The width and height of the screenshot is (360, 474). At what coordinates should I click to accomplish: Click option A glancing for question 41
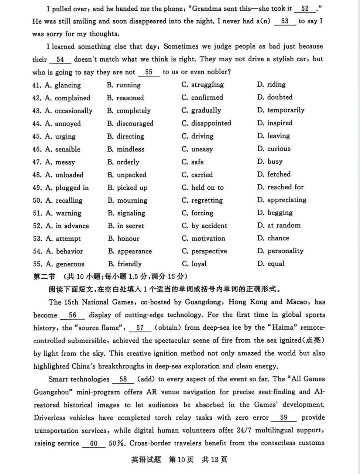click(x=62, y=85)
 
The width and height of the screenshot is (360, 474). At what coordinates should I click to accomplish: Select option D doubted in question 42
click(x=275, y=97)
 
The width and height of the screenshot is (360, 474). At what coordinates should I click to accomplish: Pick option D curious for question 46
click(x=274, y=149)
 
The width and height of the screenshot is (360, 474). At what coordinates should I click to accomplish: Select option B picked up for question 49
click(x=127, y=188)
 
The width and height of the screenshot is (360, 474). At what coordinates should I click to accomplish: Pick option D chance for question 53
click(x=273, y=238)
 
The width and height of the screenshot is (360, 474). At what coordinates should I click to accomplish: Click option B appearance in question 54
click(x=130, y=251)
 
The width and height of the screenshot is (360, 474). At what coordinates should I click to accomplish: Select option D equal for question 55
click(x=271, y=264)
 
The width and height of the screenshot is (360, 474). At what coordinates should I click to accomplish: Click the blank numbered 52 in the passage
click(x=305, y=9)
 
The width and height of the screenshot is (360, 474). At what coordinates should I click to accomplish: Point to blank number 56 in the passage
click(x=72, y=315)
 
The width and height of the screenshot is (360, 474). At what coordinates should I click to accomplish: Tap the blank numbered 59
click(x=284, y=418)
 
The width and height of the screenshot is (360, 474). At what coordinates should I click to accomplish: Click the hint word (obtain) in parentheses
click(x=168, y=328)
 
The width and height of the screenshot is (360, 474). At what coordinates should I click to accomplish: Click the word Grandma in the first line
click(x=208, y=8)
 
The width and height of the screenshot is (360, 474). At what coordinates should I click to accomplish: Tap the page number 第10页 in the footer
click(x=181, y=460)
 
